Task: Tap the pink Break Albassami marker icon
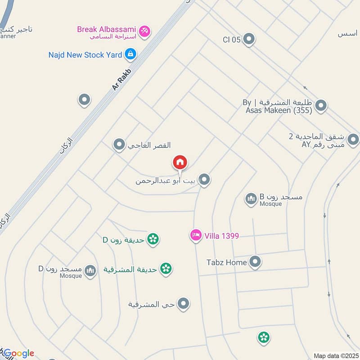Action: point(145,31)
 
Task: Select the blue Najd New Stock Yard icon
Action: point(130,54)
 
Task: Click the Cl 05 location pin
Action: point(248,40)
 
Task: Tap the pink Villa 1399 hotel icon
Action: point(195,235)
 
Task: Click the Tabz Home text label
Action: point(226,262)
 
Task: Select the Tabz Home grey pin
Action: point(255,261)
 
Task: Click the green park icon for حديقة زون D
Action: point(153,239)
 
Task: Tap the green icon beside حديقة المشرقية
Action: point(166,269)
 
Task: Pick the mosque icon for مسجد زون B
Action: point(251,198)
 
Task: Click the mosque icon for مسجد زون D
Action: point(90,270)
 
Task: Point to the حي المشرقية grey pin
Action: point(183,304)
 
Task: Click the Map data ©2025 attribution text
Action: point(336,355)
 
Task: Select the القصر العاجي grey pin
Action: point(119,144)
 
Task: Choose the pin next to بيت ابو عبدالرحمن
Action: point(205,180)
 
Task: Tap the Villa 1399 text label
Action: point(221,235)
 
